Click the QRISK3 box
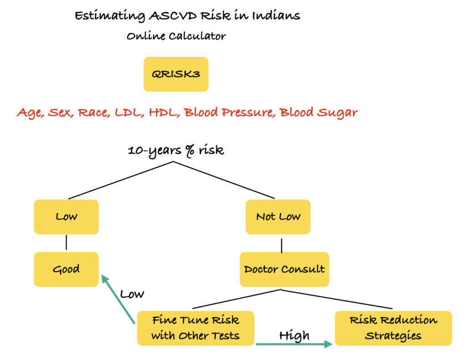point(176,74)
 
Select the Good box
point(66,269)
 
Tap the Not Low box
point(278,217)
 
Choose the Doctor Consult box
point(284,269)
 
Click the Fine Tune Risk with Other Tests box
point(195,328)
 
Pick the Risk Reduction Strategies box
point(393,328)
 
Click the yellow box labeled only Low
point(66,217)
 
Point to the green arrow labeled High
point(294,344)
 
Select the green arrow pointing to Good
point(118,299)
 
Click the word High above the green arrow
point(294,335)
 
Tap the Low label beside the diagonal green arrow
point(132,294)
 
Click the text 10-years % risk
point(176,150)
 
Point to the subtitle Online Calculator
point(176,36)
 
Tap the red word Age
point(30,112)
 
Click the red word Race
point(93,112)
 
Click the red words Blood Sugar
point(318,112)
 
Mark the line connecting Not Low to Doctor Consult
point(281,245)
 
